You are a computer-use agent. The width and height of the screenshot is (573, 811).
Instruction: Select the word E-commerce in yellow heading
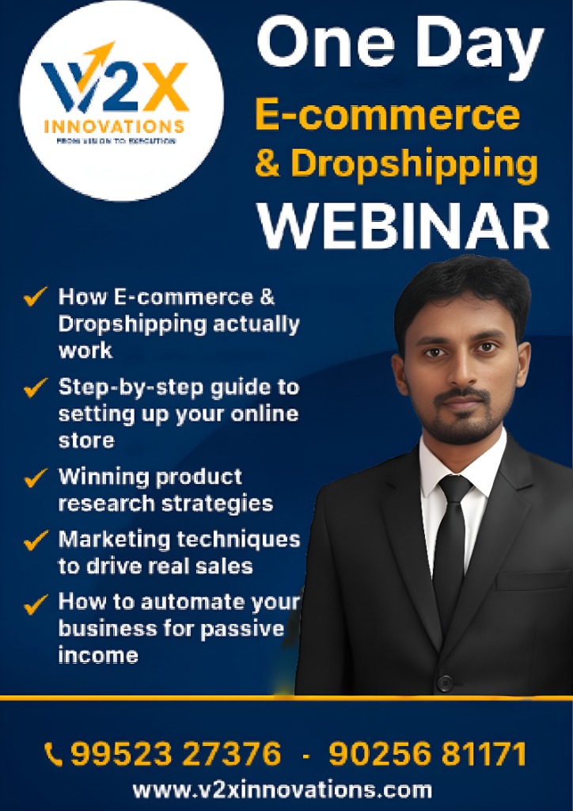point(387,116)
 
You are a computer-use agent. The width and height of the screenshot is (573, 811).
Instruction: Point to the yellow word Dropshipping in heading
point(414,164)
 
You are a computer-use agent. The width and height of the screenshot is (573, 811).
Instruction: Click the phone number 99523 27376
point(176,754)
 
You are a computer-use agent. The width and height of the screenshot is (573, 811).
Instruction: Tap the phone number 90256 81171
point(427,754)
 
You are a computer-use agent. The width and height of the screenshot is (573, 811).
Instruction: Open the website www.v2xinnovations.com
point(282,790)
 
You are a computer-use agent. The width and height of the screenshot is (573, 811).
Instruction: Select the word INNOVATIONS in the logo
point(115,127)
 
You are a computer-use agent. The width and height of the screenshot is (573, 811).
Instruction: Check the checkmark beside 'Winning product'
point(36,478)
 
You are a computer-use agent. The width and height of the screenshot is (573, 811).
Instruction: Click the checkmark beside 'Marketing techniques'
point(36,541)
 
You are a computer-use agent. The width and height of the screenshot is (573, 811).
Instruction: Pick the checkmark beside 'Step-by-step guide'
point(36,388)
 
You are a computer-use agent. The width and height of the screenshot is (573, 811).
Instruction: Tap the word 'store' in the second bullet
point(86,440)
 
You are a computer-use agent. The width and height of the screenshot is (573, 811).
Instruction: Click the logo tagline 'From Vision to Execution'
point(116,141)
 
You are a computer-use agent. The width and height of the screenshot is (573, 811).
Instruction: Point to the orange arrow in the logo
point(99,57)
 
